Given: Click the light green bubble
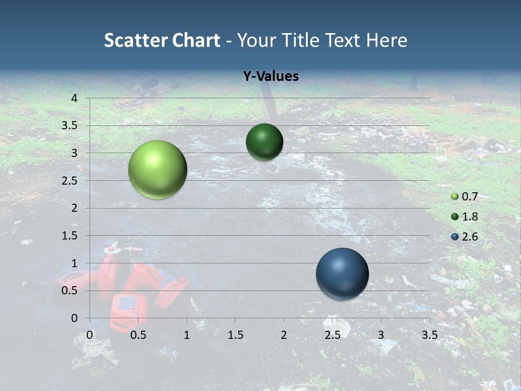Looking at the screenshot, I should click(x=157, y=169).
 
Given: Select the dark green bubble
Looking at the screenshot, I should click(x=264, y=142).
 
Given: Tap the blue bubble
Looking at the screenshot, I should click(x=342, y=274).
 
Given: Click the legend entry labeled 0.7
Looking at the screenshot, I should click(x=469, y=197).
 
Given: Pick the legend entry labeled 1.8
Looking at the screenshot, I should click(x=469, y=217).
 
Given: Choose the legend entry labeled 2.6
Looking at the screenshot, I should click(x=469, y=237).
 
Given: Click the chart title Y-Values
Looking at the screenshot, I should click(x=270, y=77).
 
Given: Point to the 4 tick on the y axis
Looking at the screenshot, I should click(x=74, y=98).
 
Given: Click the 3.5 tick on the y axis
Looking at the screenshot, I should click(x=70, y=125).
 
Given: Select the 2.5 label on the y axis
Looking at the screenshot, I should click(x=70, y=180).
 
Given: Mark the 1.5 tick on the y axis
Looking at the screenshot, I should click(x=70, y=236).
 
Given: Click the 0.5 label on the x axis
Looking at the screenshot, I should click(x=138, y=335).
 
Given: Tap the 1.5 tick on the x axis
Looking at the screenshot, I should click(x=235, y=335).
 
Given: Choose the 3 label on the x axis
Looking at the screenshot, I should click(x=381, y=335).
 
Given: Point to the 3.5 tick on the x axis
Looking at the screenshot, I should click(x=429, y=335).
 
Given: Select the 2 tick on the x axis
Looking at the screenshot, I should click(x=284, y=335).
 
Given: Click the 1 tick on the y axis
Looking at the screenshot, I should click(x=74, y=263).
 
